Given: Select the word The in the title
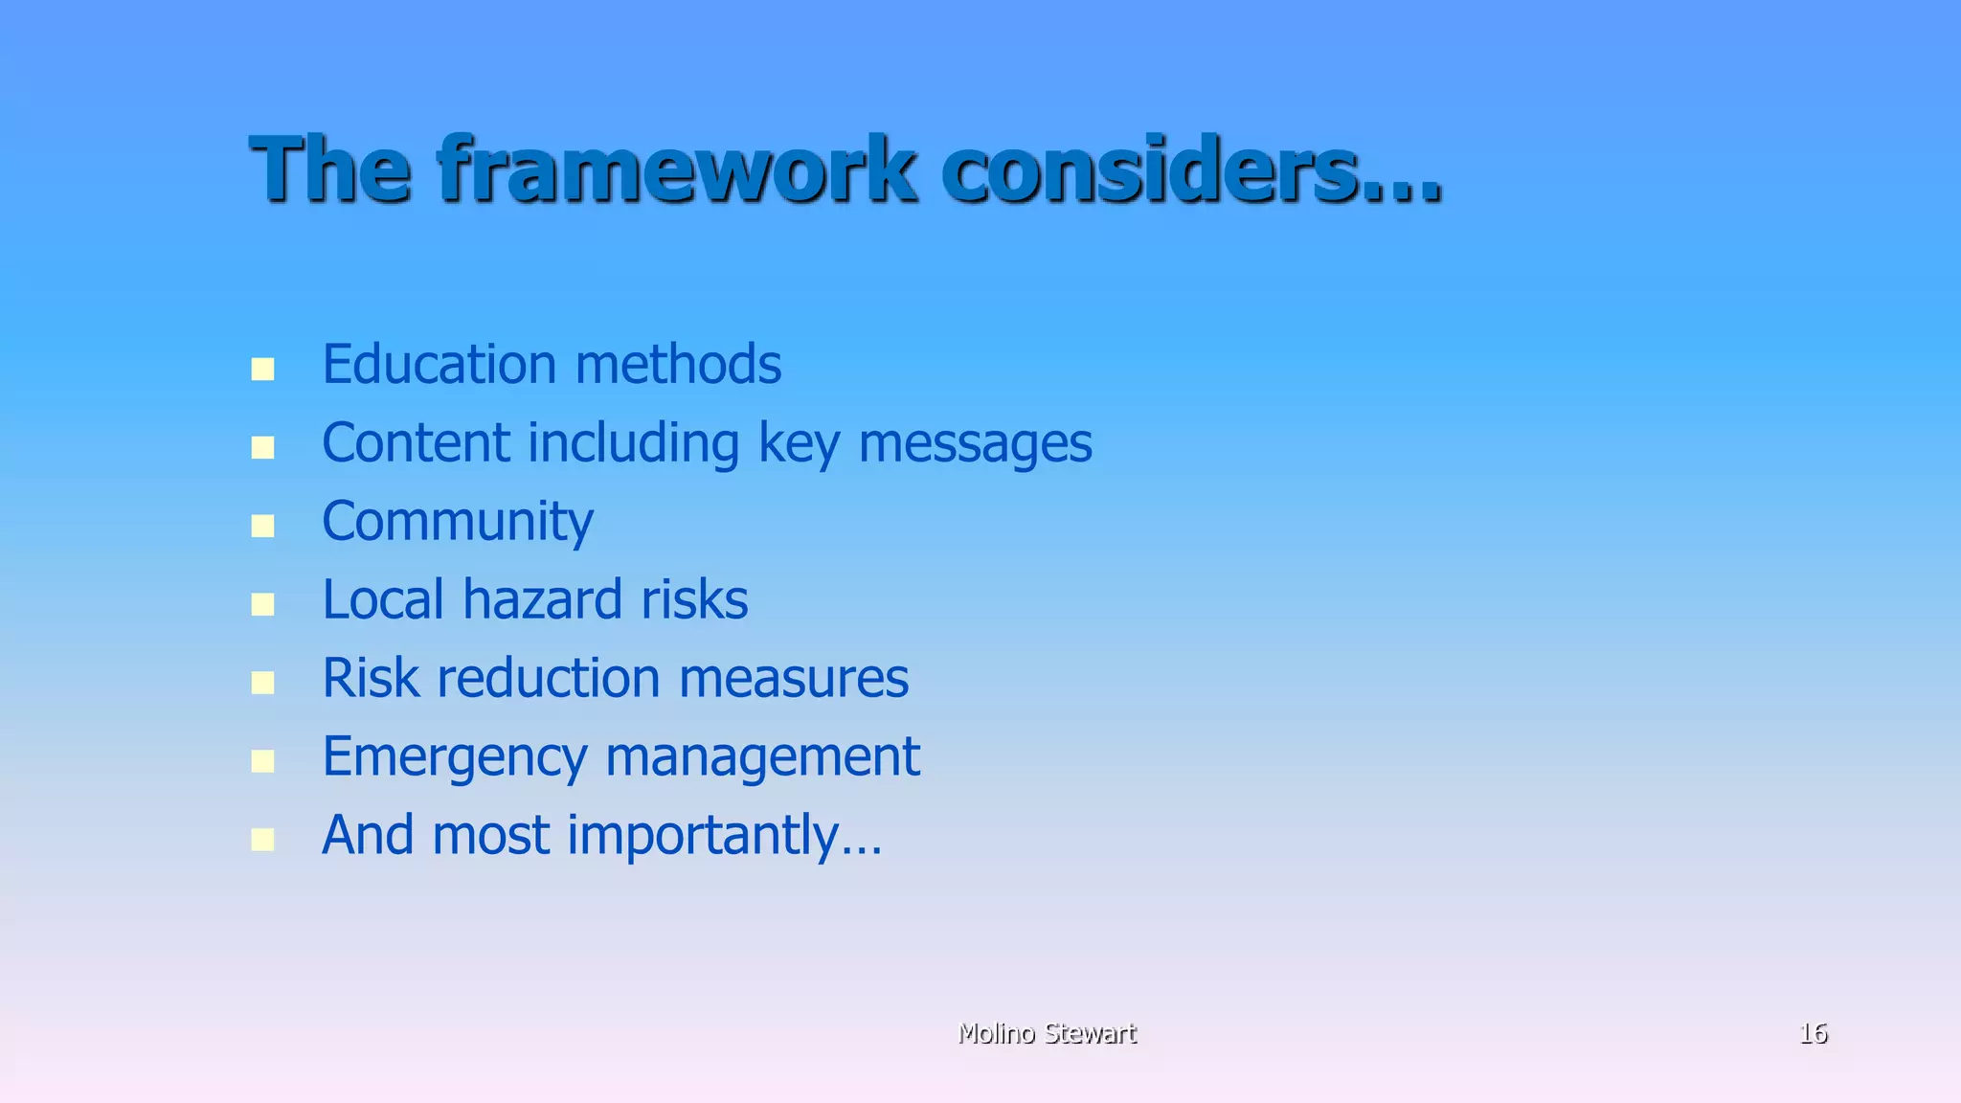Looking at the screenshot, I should click(330, 170).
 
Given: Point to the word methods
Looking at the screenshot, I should click(678, 365).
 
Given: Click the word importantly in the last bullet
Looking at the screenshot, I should click(705, 837).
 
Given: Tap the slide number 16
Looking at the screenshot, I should click(1813, 1033).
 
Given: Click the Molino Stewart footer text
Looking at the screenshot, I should click(1047, 1033).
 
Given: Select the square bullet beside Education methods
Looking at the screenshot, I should click(262, 370).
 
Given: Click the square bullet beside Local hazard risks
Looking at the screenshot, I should click(262, 604).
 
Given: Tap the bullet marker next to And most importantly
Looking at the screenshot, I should click(262, 840).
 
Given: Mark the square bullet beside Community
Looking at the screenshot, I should click(262, 526).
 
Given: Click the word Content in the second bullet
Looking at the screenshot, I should click(416, 443).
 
